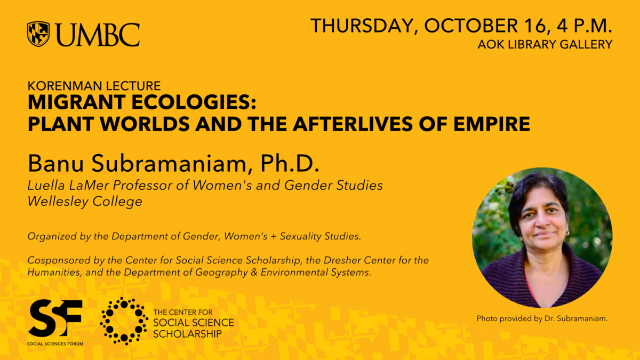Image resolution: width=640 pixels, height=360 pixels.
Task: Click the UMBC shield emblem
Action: pos(38,34)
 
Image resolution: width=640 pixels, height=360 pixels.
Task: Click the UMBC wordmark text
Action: pos(98,35)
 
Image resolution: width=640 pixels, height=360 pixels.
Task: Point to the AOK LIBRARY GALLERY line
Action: pos(545,45)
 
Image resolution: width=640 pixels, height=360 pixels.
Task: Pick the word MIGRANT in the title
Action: pos(77,102)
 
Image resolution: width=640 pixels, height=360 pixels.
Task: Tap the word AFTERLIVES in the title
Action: pos(353,124)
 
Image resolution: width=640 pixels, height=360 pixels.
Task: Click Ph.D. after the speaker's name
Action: pos(290,163)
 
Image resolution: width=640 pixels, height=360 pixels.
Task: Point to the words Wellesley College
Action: pos(85,201)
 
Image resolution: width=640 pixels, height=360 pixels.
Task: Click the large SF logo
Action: pos(55,318)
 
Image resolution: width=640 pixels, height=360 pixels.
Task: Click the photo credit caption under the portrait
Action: pos(542,318)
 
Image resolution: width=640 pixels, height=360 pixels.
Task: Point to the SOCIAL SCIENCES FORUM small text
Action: pos(55,343)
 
